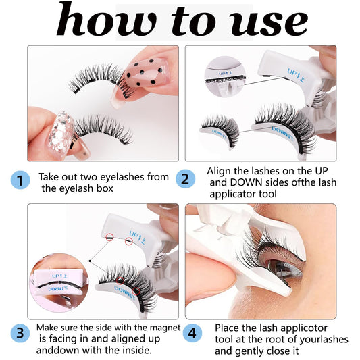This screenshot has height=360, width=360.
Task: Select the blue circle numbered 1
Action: pos(20,180)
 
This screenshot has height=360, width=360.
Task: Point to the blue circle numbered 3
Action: pos(20,332)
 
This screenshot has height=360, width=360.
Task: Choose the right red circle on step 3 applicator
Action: pos(128,240)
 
